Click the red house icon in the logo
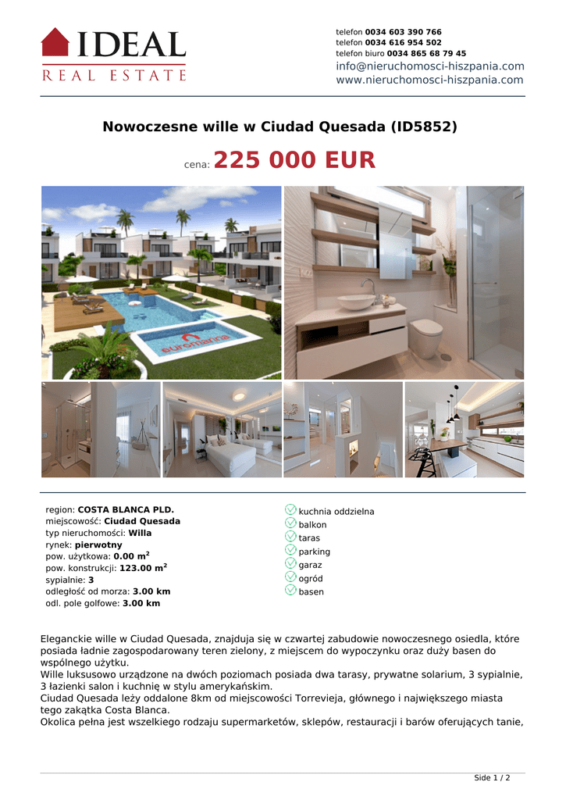pyautogui.click(x=55, y=42)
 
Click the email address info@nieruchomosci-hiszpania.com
pyautogui.click(x=429, y=66)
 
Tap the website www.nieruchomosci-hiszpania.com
pyautogui.click(x=429, y=80)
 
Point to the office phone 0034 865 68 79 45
pyautogui.click(x=426, y=53)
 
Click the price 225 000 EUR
pyautogui.click(x=294, y=161)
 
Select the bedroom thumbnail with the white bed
pyautogui.click(x=222, y=430)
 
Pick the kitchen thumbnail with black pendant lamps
pyautogui.click(x=464, y=430)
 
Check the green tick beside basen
pyautogui.click(x=290, y=591)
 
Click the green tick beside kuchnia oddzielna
pyautogui.click(x=290, y=510)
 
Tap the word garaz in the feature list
pyautogui.click(x=310, y=565)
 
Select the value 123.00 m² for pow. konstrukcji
pyautogui.click(x=143, y=569)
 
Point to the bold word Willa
pyautogui.click(x=141, y=533)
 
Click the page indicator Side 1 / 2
pyautogui.click(x=492, y=778)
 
